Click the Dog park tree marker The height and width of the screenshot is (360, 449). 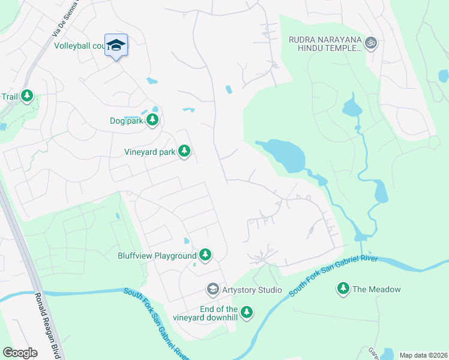(x=152, y=120)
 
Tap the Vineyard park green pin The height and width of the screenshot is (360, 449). (x=184, y=151)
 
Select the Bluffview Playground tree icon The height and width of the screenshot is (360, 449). (x=205, y=255)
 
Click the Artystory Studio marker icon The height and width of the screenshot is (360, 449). (x=212, y=290)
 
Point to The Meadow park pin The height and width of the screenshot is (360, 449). (x=343, y=289)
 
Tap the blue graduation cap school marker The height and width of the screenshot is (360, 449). (x=116, y=45)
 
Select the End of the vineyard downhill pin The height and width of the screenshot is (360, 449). (x=247, y=311)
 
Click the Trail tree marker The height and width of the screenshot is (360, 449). (x=27, y=95)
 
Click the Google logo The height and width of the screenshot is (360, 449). (x=20, y=353)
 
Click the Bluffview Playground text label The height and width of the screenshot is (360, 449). (x=157, y=256)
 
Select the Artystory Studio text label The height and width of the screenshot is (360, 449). (x=252, y=290)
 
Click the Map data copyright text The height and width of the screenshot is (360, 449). (x=423, y=355)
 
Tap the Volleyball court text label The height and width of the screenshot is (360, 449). (x=79, y=46)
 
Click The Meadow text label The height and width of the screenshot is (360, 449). (x=376, y=289)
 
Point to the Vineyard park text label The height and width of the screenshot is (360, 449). (x=149, y=152)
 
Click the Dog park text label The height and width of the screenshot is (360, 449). (x=127, y=121)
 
